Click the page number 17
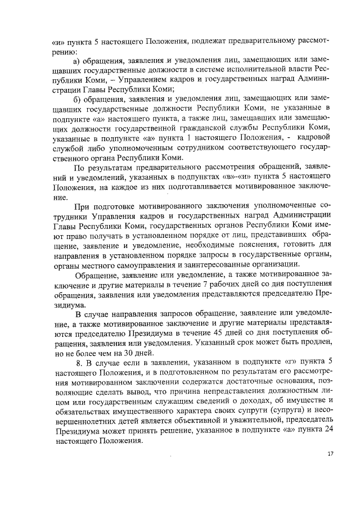click(330, 454)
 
